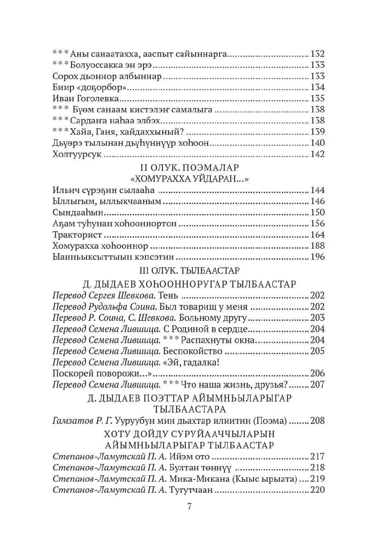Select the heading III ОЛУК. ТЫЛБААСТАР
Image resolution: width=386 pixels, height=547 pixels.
pyautogui.click(x=190, y=269)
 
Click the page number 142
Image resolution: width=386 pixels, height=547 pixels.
pyautogui.click(x=318, y=154)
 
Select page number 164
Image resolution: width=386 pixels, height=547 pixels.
pyautogui.click(x=318, y=235)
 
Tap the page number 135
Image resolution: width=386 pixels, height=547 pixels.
pyautogui.click(x=318, y=98)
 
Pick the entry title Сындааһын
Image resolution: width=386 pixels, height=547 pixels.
pyautogui.click(x=75, y=213)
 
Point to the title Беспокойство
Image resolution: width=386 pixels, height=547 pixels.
pyautogui.click(x=193, y=351)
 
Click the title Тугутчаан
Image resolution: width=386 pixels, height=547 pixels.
pyautogui.click(x=190, y=490)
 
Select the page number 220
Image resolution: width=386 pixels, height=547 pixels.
pyautogui.click(x=318, y=490)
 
